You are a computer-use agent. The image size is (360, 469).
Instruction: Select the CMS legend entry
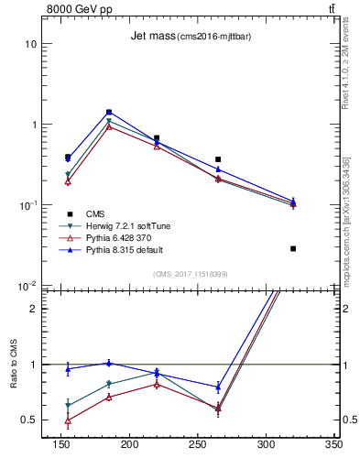point(94,212)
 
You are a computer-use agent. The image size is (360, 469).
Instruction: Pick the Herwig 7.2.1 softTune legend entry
point(120,224)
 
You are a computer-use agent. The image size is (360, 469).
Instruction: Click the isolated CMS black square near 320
point(293,248)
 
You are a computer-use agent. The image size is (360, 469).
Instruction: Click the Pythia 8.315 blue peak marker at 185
point(109,112)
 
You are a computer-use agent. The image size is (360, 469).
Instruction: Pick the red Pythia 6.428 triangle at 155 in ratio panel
point(68,420)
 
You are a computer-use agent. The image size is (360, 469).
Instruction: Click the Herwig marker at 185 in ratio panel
point(109,384)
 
